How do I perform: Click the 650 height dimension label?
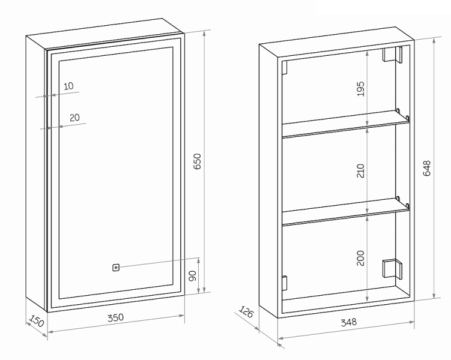tap(198, 161)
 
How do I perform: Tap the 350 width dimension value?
tap(116, 317)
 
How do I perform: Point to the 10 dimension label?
tap(68, 86)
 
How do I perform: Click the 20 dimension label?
tap(74, 118)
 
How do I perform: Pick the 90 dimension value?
tap(193, 276)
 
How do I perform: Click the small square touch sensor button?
tap(116, 268)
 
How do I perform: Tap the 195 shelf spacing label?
tap(360, 89)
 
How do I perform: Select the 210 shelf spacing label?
tap(360, 170)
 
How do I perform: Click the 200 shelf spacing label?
tap(360, 258)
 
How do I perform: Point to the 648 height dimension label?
tap(427, 168)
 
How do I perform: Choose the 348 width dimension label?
tap(348, 322)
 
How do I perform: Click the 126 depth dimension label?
tap(246, 312)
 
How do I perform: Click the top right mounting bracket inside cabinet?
tap(392, 55)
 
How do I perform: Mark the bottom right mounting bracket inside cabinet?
tap(392, 269)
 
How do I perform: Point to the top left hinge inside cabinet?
tap(285, 68)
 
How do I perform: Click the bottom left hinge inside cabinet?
tap(285, 283)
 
